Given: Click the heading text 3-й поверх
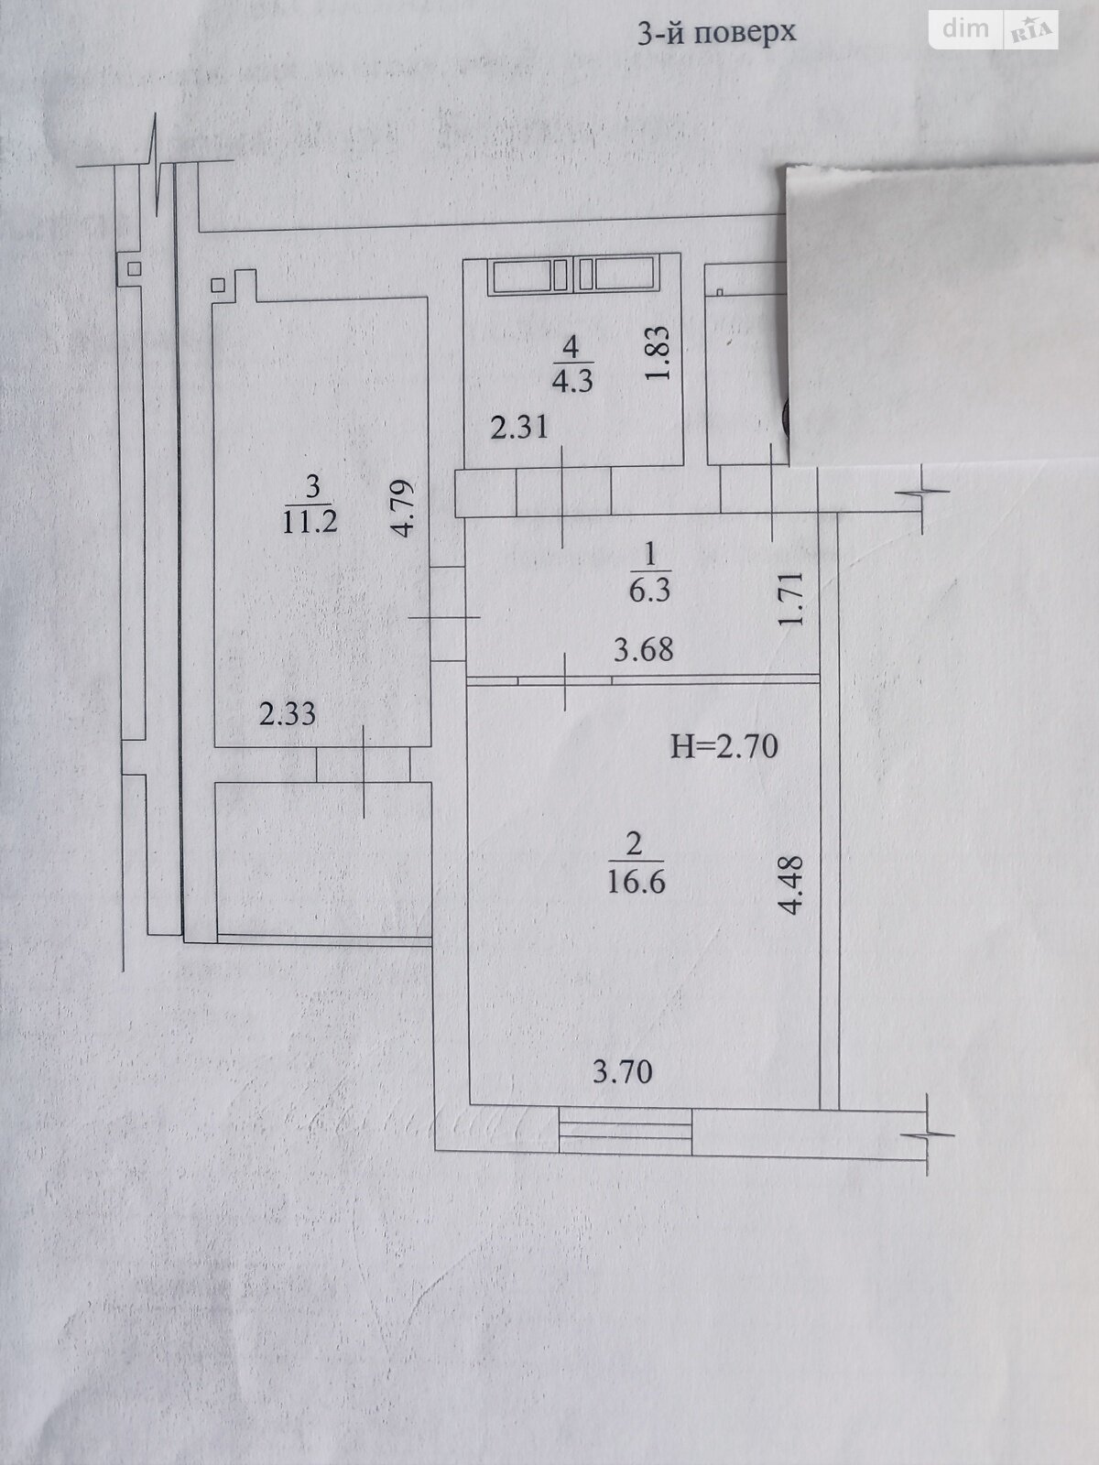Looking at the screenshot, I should pos(716,33).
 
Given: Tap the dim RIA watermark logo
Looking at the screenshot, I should pos(995,30).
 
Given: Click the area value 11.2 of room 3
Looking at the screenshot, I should pos(312,522).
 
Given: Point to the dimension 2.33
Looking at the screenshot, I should pos(288,713).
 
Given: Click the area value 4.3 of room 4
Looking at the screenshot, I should pos(571,379).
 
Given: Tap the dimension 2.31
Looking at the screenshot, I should pos(519,427).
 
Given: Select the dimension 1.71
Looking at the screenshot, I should pos(793,598).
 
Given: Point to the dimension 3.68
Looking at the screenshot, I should pos(643,649).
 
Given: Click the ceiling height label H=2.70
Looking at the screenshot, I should pos(724,746).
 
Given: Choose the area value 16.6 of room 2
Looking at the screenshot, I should pos(635,882).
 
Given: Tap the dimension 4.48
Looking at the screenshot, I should pos(791,884).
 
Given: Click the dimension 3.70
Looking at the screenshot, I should pos(623,1070).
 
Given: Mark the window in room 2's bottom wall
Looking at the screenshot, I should pos(625,1129).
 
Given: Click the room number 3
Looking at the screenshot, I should pos(313,486).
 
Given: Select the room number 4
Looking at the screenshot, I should pos(571,346).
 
